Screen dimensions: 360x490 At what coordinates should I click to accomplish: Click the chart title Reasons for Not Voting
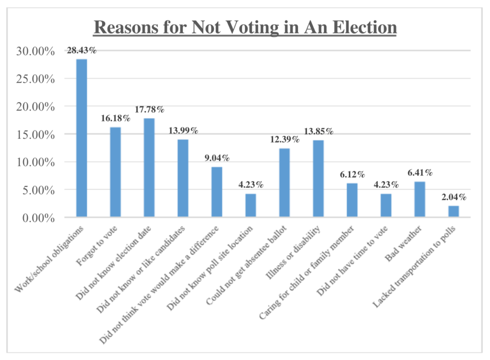245,27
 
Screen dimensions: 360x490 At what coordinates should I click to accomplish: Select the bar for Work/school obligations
82,138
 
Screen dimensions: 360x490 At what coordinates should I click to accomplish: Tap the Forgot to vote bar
115,172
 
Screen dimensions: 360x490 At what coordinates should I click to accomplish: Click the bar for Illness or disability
318,179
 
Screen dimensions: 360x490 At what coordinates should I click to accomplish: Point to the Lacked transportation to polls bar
453,212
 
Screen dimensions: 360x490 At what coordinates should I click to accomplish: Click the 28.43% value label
82,50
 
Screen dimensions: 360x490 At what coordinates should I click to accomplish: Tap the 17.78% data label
149,109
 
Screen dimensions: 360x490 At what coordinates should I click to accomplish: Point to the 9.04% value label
217,158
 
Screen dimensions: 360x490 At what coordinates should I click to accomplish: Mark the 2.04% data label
453,196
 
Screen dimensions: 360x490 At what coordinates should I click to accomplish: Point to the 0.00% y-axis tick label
35,218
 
